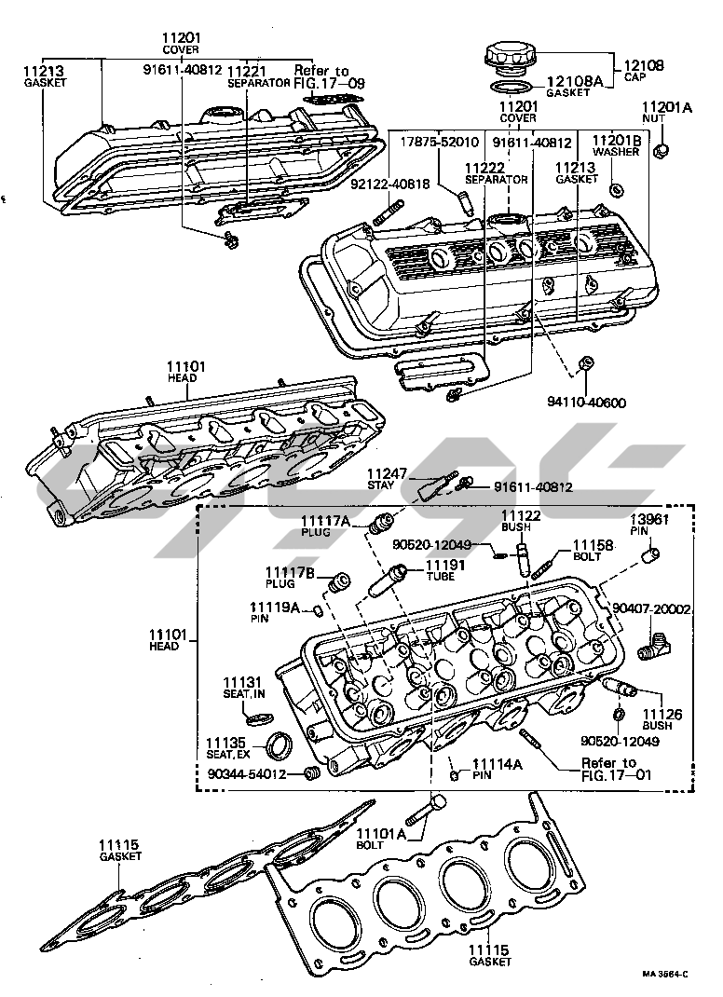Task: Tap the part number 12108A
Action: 574,81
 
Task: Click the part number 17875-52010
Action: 440,143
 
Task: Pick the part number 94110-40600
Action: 586,403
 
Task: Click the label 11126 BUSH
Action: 662,720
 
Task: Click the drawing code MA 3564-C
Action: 664,975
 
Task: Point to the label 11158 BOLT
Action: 593,550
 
